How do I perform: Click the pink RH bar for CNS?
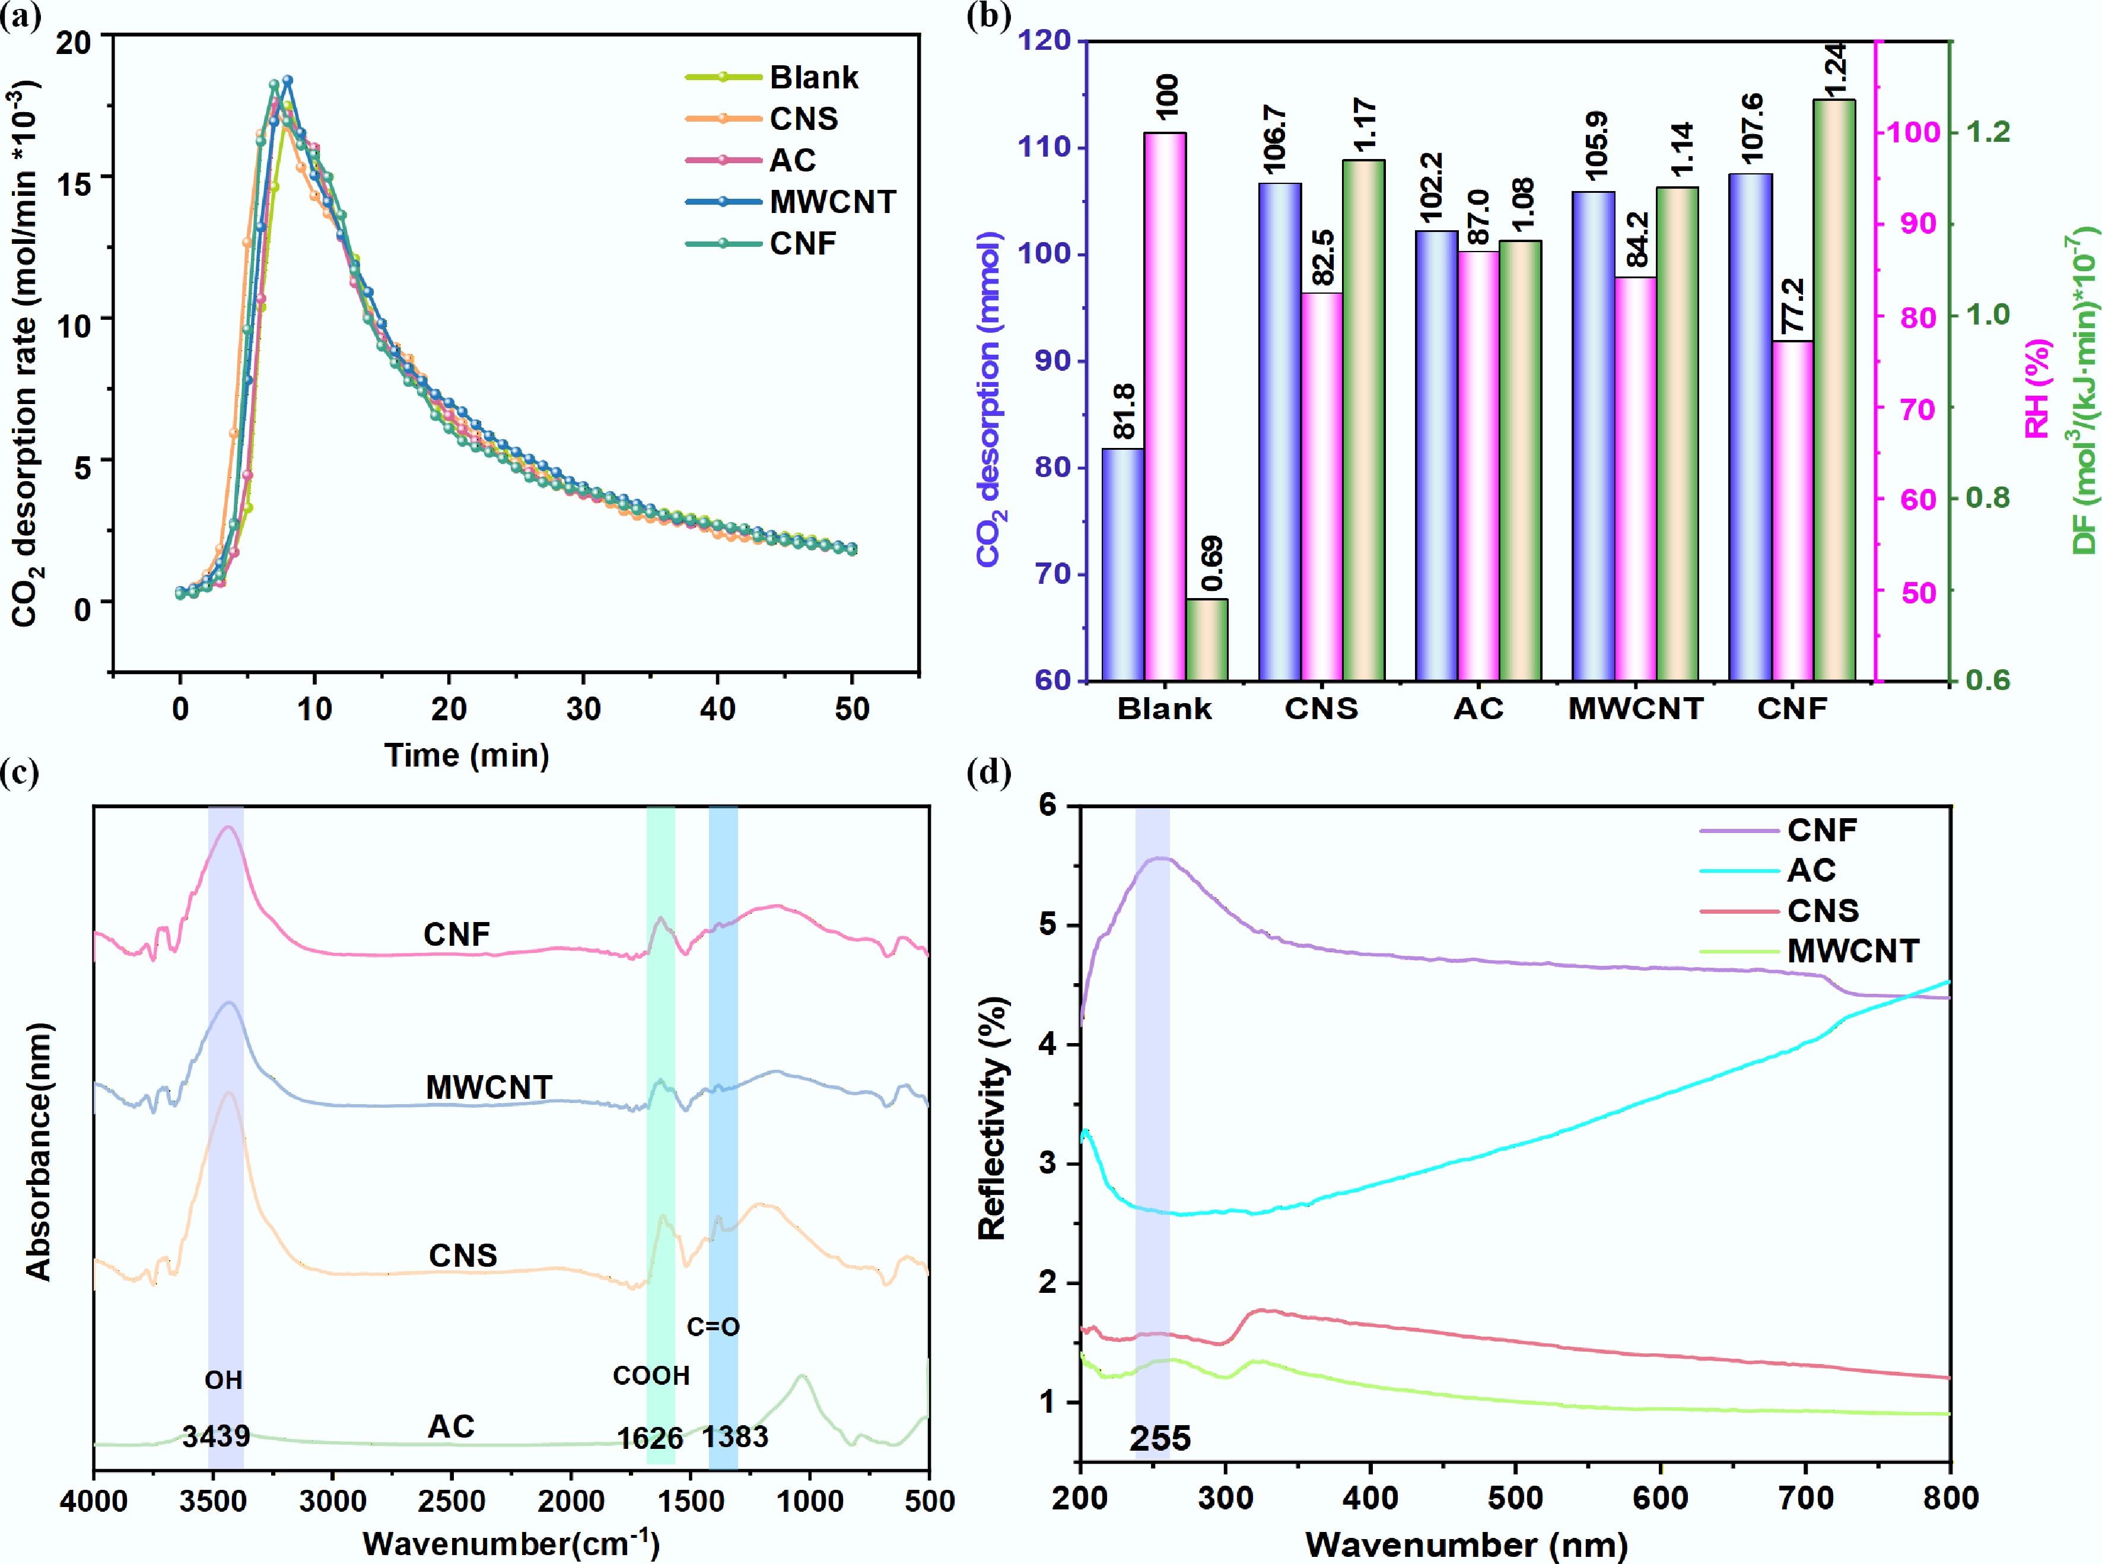1321,486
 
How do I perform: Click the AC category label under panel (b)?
1478,709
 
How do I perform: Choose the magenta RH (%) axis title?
2037,388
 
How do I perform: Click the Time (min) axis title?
466,755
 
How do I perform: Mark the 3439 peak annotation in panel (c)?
216,1436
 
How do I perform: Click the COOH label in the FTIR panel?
651,1375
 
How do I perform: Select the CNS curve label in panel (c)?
463,1255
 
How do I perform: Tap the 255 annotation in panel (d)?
1159,1439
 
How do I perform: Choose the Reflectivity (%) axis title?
993,1117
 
